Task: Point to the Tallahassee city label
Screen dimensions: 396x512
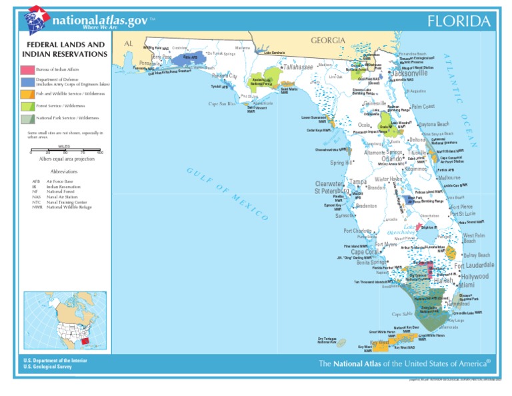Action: tap(298, 67)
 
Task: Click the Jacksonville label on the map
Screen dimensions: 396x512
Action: tap(409, 73)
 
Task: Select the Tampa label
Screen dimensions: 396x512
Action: tap(358, 181)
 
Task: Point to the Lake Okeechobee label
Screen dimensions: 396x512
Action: tap(401, 230)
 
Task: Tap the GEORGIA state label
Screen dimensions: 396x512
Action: tap(328, 41)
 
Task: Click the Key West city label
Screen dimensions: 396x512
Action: tap(379, 343)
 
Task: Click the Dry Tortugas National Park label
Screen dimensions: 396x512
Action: tap(327, 341)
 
